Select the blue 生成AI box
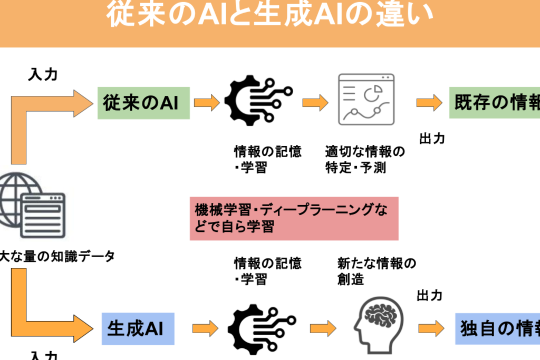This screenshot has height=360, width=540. pyautogui.click(x=138, y=329)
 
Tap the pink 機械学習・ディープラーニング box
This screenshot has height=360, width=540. pyautogui.click(x=294, y=218)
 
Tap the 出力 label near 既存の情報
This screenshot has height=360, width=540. pyautogui.click(x=432, y=139)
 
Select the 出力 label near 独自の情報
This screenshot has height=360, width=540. pyautogui.click(x=429, y=295)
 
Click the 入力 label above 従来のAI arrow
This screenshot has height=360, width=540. pyautogui.click(x=42, y=74)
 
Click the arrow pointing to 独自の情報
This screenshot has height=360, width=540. pyautogui.click(x=431, y=328)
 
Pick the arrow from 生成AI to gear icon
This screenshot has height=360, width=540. pyautogui.click(x=205, y=328)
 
